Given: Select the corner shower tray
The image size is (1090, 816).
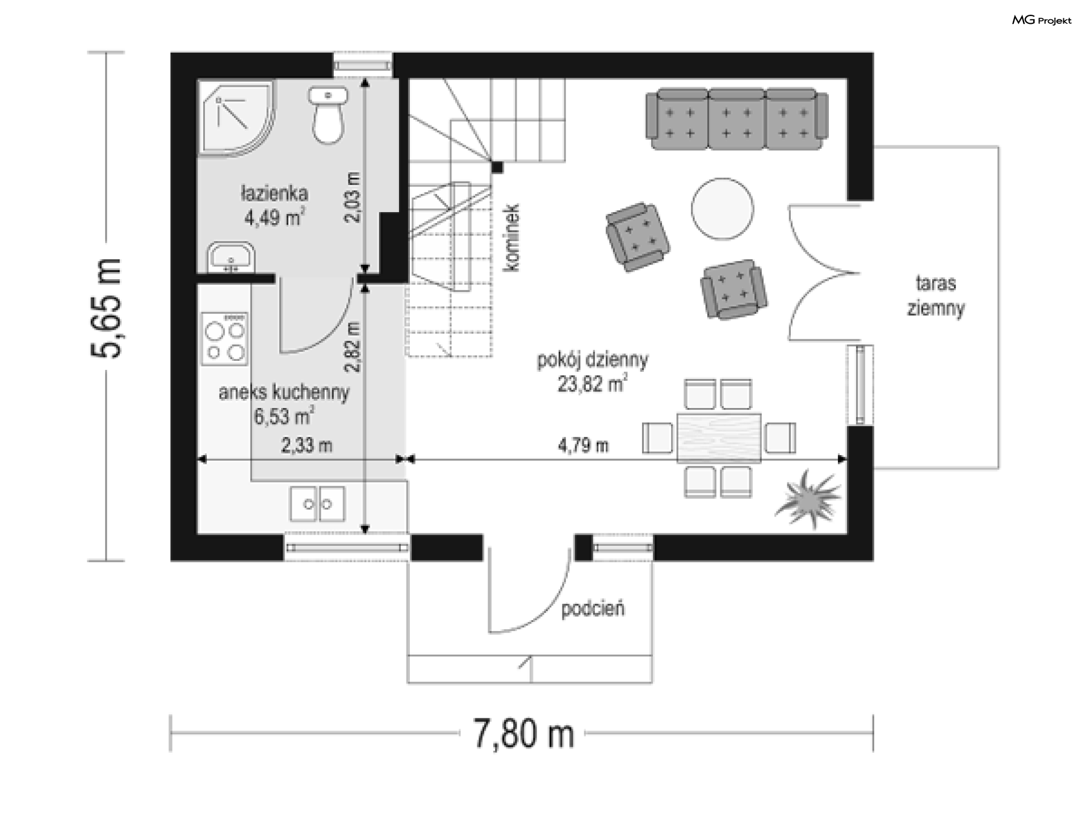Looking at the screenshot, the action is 236,118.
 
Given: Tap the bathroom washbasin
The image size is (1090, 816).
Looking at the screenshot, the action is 230,258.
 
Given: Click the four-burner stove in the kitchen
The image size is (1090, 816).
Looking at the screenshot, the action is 225,339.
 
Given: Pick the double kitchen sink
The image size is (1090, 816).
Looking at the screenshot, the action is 317,503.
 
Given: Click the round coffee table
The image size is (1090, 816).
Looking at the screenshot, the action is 722,208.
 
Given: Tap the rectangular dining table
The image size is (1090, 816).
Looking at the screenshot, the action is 719,438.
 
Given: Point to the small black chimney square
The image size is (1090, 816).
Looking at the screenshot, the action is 497,167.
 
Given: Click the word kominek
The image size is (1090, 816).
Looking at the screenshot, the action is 512,238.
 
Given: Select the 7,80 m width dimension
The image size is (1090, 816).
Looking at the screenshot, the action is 524,734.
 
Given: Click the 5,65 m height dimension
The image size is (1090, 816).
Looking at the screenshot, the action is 106,308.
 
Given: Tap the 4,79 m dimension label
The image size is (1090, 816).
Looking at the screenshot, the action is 583,445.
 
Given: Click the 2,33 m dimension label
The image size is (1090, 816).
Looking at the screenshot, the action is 307,445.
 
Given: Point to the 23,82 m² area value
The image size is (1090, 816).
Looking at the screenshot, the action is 592,385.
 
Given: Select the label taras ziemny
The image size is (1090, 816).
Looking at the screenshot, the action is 936,295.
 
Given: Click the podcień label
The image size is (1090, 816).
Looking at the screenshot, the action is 593,609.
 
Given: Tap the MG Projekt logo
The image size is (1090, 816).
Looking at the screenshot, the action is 1042,20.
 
